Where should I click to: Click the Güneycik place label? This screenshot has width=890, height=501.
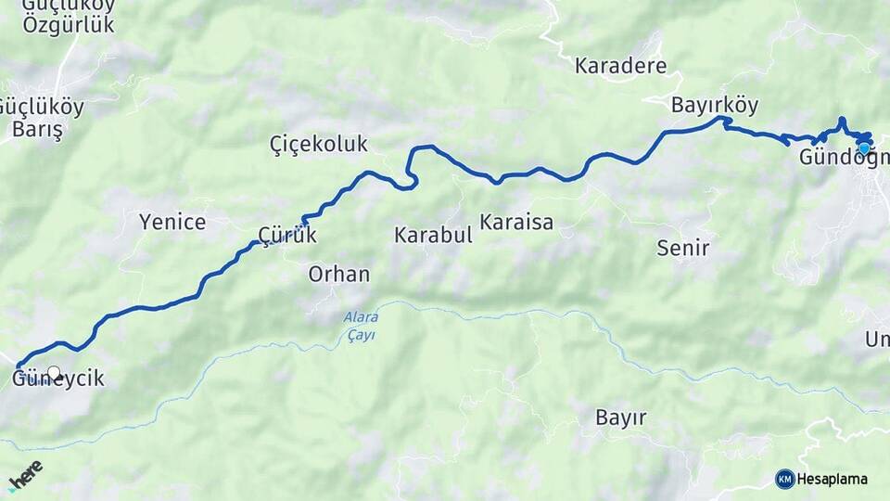57,379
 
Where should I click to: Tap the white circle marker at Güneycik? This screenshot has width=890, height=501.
54,373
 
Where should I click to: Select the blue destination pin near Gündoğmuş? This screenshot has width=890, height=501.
864,148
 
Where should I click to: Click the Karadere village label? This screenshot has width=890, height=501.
620,66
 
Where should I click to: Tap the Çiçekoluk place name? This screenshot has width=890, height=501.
318,144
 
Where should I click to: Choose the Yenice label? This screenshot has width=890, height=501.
172,222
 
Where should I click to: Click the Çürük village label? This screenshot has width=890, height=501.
287,236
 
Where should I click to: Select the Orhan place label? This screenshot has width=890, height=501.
339,275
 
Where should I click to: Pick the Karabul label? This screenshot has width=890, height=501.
433,235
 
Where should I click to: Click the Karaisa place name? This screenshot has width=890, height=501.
516,222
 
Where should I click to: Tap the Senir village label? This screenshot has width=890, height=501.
682,248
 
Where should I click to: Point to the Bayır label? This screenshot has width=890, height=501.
621,417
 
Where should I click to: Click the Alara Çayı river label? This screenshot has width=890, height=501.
360,326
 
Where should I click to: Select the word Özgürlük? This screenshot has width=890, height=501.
69,25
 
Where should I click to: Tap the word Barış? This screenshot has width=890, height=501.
37,129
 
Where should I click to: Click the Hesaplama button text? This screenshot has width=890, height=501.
833,479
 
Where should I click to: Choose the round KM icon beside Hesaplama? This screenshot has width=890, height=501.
785,479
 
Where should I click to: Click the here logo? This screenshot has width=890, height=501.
25,476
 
